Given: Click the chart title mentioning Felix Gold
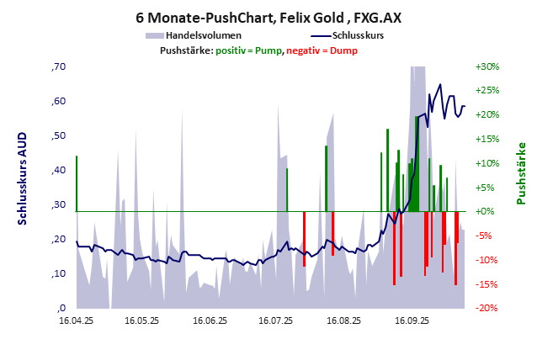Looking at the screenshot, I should click(x=268, y=17).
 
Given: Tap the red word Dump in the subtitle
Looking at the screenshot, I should click(x=345, y=51).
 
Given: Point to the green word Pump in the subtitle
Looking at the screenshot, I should click(x=268, y=51).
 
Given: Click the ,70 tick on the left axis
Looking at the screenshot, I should click(x=58, y=66).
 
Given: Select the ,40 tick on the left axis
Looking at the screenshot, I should click(x=58, y=170).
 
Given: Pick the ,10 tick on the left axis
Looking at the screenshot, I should click(x=58, y=273).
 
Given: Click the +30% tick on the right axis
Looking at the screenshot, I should click(x=487, y=66).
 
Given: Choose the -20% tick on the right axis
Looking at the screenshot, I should click(x=487, y=308).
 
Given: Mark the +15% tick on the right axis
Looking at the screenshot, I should click(x=487, y=139).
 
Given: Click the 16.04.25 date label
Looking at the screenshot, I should click(x=76, y=320).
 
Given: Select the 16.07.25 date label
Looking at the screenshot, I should click(x=276, y=320).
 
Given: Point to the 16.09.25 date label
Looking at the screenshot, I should click(x=412, y=320).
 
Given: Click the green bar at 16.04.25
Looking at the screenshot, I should click(x=77, y=183).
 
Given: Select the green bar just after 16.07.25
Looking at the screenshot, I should click(x=287, y=189).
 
